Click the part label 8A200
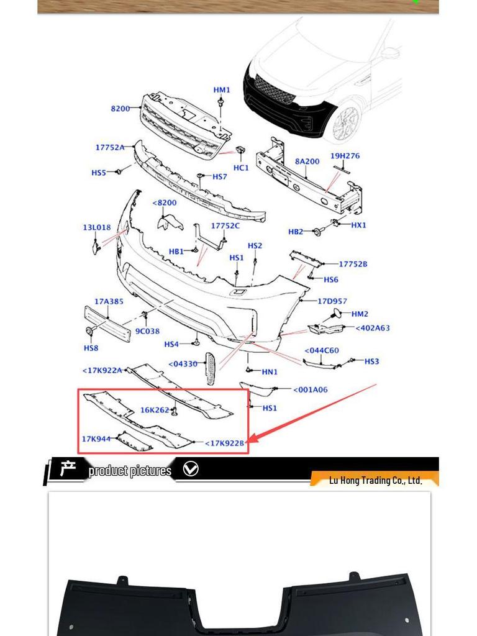[x=307, y=161]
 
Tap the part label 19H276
[x=345, y=156]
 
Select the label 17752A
[x=109, y=147]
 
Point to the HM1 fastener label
[x=222, y=90]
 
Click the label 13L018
[x=96, y=227]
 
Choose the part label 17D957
[x=332, y=301]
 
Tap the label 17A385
[x=109, y=301]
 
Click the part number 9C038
[x=148, y=331]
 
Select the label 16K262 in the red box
[x=154, y=410]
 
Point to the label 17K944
[x=96, y=439]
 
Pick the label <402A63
[x=373, y=328]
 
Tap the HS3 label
[x=371, y=361]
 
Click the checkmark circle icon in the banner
[x=191, y=470]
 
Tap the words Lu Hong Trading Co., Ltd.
[x=375, y=480]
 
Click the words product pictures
[x=130, y=471]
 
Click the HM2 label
[x=360, y=314]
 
